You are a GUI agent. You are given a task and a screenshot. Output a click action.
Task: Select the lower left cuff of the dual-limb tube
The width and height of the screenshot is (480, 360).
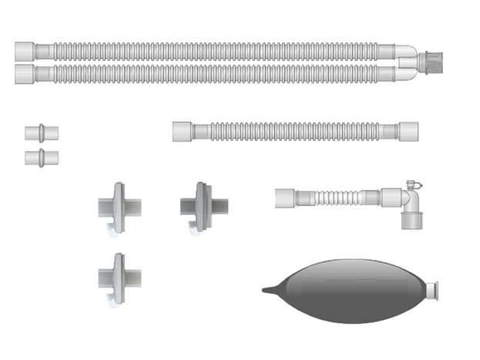(25, 74)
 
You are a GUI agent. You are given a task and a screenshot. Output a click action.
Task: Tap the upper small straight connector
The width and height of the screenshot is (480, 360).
(41, 132)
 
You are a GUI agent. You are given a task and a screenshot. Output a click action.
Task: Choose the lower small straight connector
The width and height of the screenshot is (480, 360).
(41, 158)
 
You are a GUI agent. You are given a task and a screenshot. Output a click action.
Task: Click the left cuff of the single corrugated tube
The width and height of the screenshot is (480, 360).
(183, 130)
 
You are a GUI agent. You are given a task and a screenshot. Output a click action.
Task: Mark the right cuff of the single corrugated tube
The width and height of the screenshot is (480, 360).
(408, 130)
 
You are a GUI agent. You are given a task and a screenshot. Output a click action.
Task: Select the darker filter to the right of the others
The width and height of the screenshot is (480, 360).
(203, 207)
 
